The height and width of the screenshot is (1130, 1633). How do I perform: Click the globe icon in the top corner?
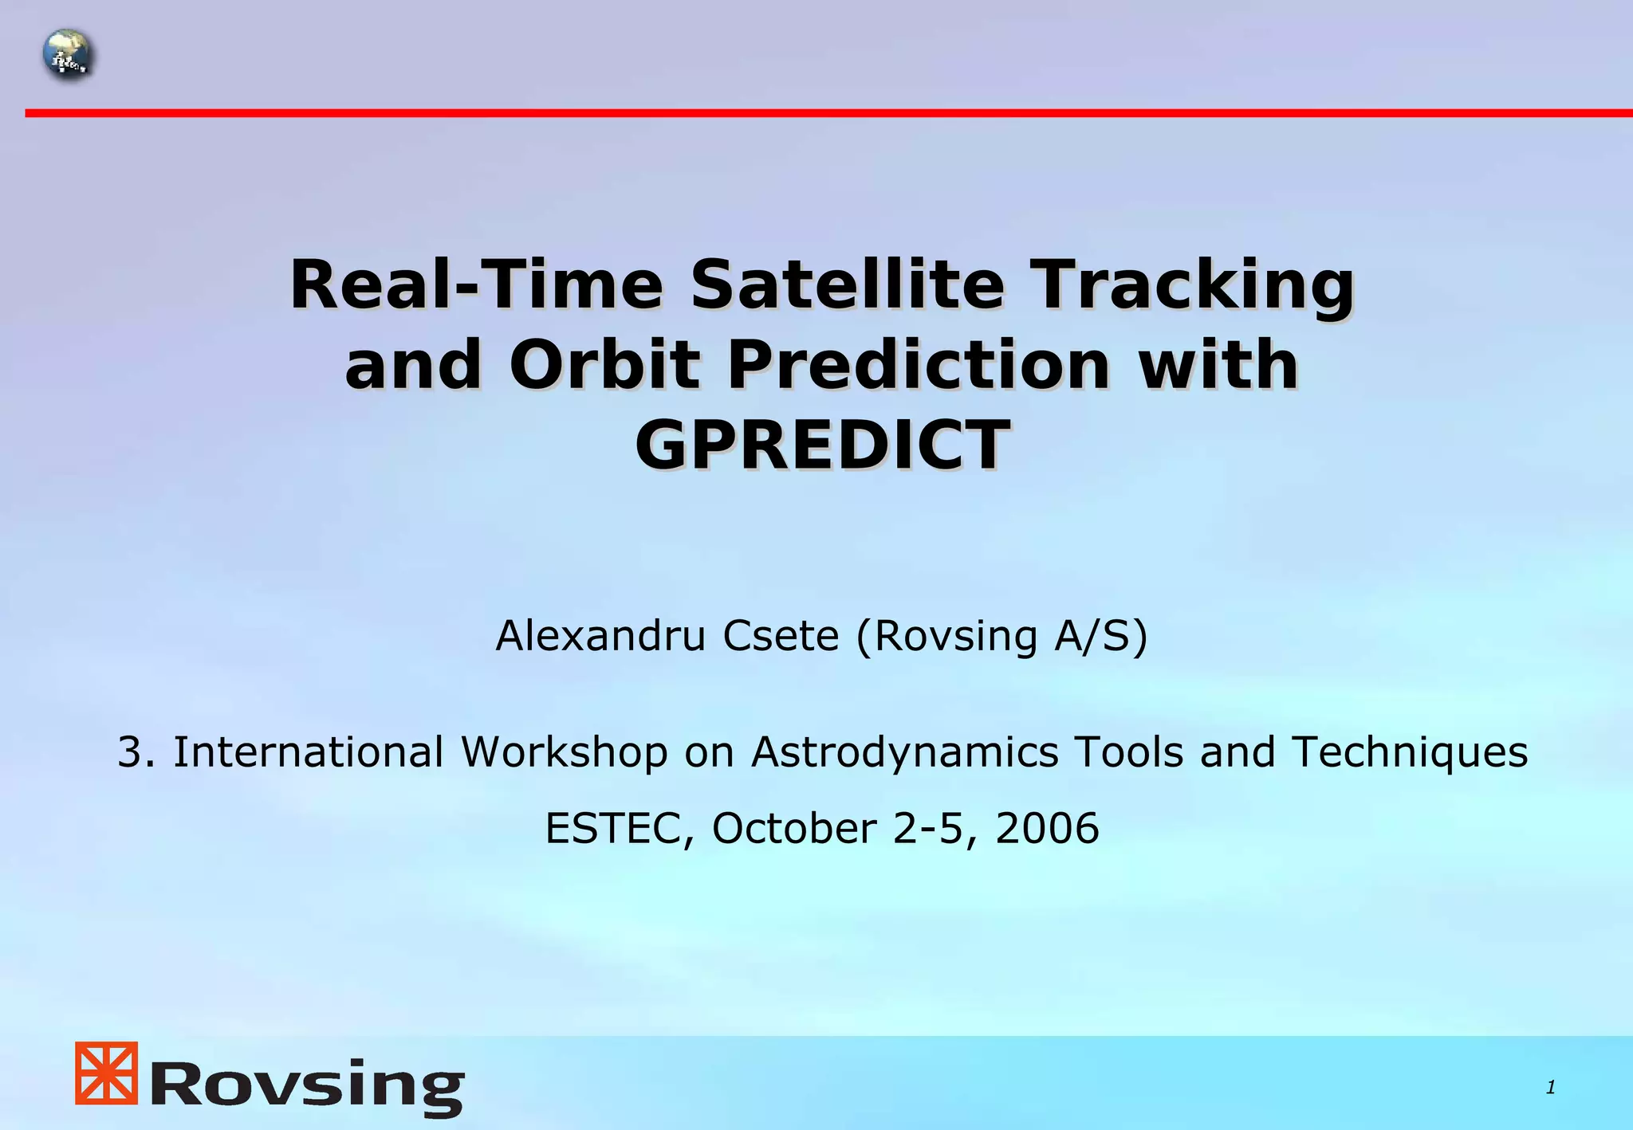point(68,55)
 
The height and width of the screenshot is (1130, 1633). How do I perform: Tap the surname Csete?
point(781,636)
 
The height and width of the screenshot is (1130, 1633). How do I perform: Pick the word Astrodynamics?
point(904,753)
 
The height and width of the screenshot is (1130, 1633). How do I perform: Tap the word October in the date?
point(793,828)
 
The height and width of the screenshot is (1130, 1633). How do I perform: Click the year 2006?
point(1047,828)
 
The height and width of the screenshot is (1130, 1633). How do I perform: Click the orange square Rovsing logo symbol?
point(106,1073)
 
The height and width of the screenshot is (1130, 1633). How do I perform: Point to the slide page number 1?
point(1550,1087)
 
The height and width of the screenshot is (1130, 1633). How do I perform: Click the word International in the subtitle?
point(308,751)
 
